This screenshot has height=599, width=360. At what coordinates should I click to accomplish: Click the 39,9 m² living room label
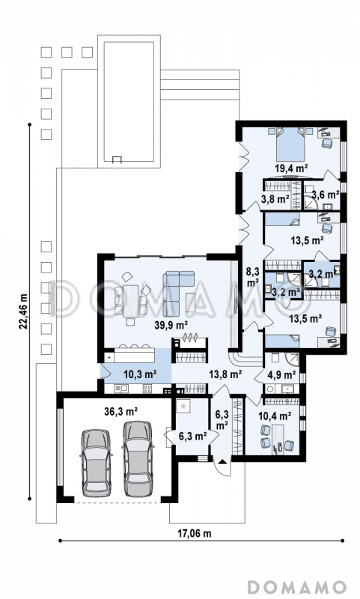[171, 325]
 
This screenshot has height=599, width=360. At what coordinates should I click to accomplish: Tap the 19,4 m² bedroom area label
[292, 168]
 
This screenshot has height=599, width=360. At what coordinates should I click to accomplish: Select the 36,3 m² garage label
[121, 411]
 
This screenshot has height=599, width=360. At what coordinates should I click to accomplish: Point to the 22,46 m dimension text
[23, 311]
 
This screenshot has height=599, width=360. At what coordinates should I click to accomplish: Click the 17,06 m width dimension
[195, 533]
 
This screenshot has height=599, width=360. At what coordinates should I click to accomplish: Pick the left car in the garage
[97, 463]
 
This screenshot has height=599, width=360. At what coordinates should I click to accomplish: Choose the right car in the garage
[138, 459]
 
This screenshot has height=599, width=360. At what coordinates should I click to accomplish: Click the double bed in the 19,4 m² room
[291, 144]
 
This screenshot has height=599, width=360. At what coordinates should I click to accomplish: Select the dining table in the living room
[130, 301]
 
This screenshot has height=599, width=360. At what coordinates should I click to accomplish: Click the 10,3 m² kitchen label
[140, 374]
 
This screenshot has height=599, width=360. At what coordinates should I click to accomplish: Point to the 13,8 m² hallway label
[225, 374]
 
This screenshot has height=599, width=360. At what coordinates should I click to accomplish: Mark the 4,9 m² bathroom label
[282, 375]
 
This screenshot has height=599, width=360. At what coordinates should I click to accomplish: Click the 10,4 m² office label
[275, 416]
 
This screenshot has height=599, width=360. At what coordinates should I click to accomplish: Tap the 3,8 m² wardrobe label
[275, 198]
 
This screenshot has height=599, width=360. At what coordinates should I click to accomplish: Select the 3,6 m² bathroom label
[326, 195]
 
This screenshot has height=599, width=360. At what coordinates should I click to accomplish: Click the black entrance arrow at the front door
[222, 462]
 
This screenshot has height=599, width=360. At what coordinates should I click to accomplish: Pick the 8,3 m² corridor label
[252, 277]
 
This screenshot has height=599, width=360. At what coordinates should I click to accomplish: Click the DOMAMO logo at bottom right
[296, 587]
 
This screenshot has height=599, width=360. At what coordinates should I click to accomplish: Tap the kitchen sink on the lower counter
[122, 389]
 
